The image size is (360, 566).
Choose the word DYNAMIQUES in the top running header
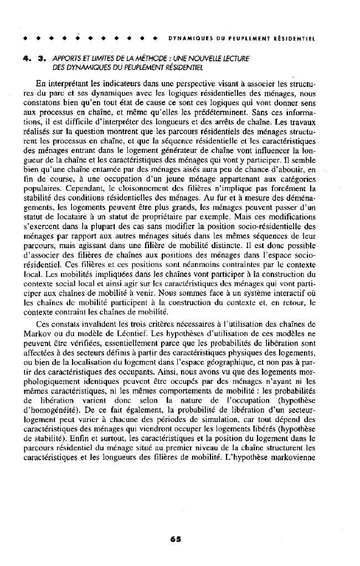[186, 39]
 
